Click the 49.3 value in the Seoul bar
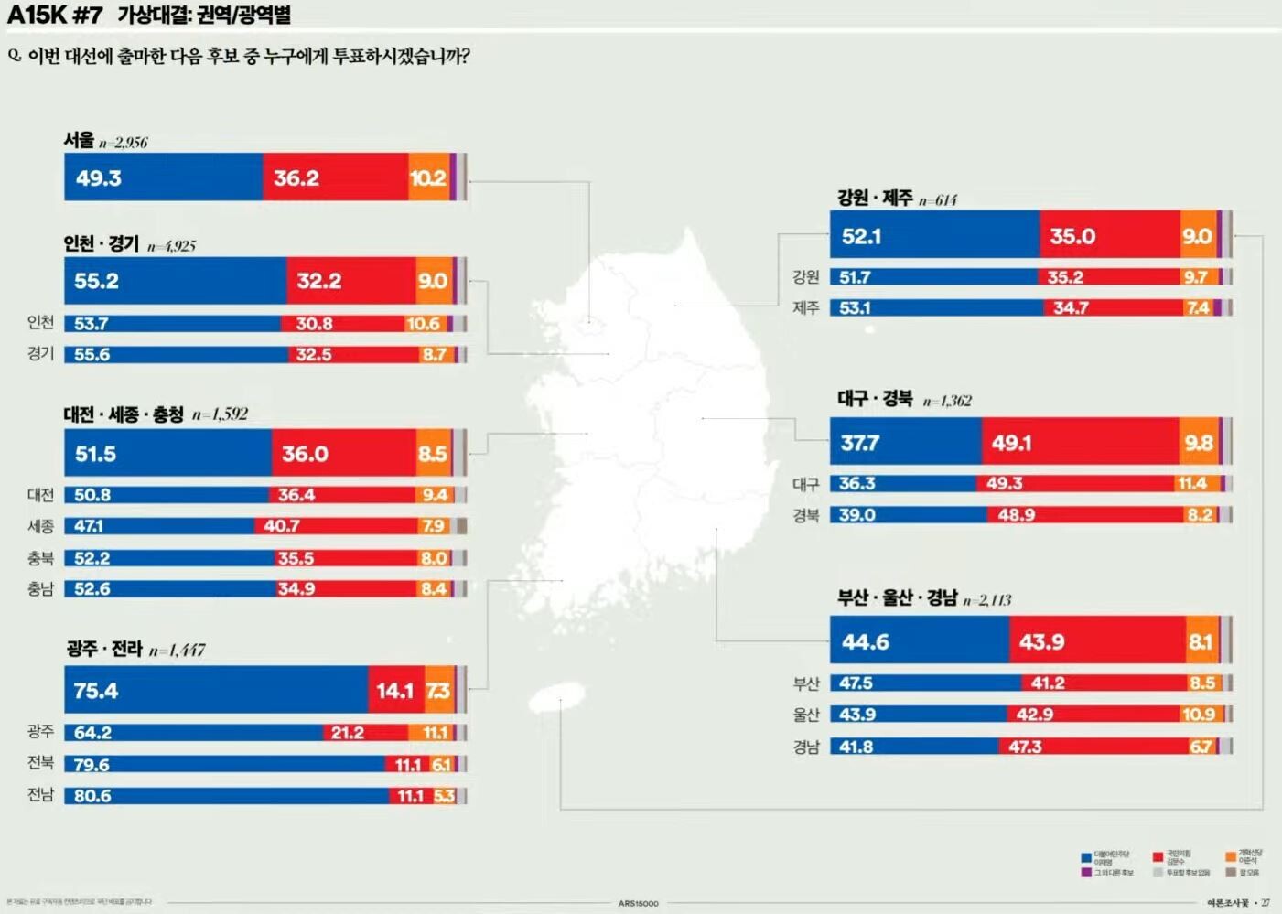(99, 178)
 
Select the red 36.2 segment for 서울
(335, 177)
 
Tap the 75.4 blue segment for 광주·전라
(216, 690)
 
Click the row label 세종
(40, 526)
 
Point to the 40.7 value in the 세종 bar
(282, 526)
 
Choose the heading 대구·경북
(875, 399)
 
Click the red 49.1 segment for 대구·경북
(1080, 443)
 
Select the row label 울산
(805, 715)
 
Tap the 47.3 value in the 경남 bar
(1025, 747)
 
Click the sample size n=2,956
(124, 143)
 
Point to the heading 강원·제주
(875, 198)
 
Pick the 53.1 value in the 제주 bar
(855, 308)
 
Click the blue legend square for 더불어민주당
(1086, 857)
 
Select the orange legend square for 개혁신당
(1231, 857)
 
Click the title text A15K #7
(54, 15)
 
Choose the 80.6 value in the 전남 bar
(92, 796)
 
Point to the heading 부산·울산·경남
(897, 598)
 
